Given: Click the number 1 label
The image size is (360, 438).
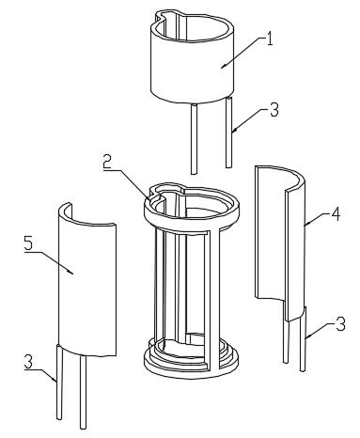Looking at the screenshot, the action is [269, 39].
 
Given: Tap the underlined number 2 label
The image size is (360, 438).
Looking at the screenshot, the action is [107, 162].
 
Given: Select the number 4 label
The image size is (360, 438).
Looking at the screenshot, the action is [336, 214].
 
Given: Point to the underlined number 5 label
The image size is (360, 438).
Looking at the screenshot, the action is [28, 242].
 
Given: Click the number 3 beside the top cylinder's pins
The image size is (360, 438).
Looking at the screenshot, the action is [274, 110].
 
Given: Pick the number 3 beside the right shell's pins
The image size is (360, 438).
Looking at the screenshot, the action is [340, 324].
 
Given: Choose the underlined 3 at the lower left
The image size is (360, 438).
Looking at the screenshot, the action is [28, 362].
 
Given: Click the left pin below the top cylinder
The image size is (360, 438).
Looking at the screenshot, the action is [195, 139].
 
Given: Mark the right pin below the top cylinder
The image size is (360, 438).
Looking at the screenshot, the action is [229, 133].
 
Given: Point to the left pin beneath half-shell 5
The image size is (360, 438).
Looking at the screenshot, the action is [59, 383].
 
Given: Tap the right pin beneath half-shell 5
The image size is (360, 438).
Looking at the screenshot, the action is [83, 392].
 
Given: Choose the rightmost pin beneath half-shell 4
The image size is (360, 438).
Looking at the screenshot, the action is [303, 339].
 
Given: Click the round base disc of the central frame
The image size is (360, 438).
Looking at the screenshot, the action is [191, 368].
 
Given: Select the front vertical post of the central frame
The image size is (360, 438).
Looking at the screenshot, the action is [215, 298].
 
